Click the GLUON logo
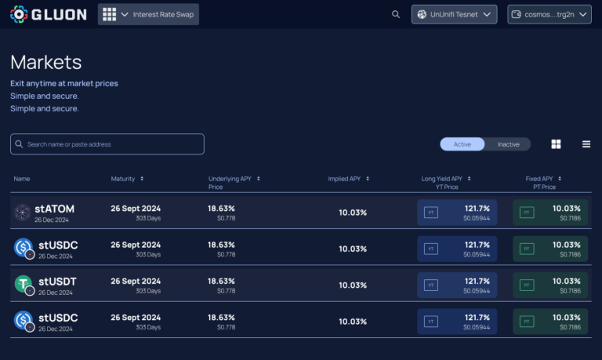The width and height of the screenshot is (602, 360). [49, 14]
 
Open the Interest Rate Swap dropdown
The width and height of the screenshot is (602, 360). [148, 14]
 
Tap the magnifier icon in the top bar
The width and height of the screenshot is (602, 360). [395, 14]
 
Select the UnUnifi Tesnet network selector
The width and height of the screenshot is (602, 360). [454, 14]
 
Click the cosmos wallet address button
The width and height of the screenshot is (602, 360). [549, 14]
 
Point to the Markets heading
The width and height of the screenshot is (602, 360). [46, 62]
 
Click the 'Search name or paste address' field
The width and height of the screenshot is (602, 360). [107, 144]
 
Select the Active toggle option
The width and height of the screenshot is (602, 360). [462, 144]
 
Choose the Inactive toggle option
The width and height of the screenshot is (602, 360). [508, 144]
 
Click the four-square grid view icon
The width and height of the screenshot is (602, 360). [556, 144]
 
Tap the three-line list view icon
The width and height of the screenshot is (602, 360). [586, 144]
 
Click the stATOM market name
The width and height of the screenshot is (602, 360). [54, 209]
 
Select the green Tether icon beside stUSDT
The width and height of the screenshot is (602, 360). [24, 284]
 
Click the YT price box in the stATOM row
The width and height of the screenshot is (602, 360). [458, 213]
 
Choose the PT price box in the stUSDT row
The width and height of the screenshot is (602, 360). [550, 285]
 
